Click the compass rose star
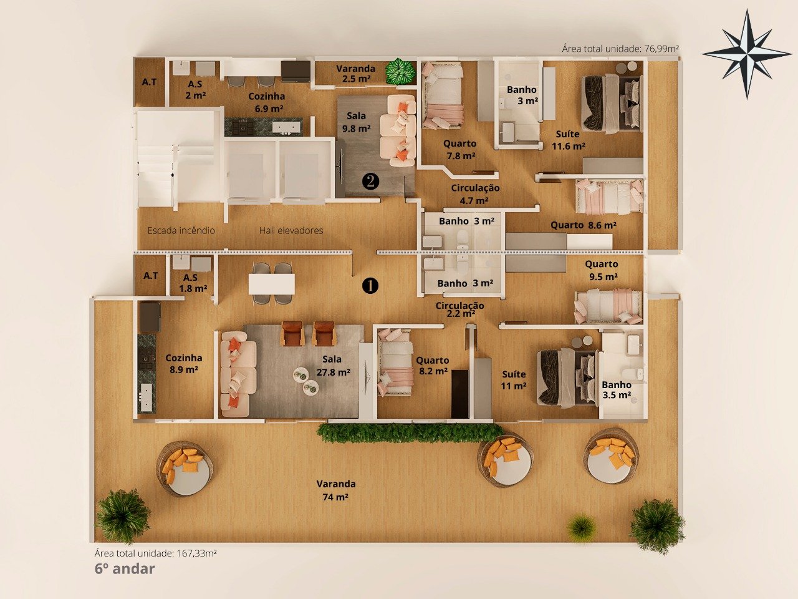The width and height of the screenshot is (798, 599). tap(747, 54)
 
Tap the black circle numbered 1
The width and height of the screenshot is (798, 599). tap(370, 286)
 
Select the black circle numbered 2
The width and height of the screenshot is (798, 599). tap(370, 181)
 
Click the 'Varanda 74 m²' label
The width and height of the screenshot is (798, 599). tap(336, 490)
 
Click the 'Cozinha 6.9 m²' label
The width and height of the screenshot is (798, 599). tap(267, 102)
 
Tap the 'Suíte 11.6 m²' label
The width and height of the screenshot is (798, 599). tap(568, 140)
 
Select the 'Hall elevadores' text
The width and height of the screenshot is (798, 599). tap(291, 230)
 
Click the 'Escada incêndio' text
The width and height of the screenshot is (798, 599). tap(181, 230)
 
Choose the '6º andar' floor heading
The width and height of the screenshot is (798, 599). tap(125, 569)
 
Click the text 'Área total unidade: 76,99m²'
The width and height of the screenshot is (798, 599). tap(620, 49)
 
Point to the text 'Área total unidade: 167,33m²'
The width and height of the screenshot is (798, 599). tap(156, 553)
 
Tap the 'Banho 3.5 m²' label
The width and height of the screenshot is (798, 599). tap(617, 389)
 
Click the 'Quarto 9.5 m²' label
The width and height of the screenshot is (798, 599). tap(602, 270)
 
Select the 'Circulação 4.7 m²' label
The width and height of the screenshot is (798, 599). tap(475, 194)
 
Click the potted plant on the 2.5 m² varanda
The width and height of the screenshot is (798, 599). tap(400, 71)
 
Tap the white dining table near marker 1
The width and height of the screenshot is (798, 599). tap(272, 284)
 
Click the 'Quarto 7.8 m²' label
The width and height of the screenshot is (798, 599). tap(460, 150)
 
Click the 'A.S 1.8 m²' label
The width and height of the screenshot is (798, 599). tap(193, 283)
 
